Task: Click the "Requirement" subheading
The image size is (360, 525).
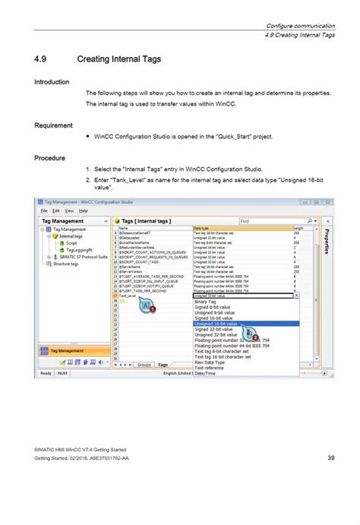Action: click(53, 125)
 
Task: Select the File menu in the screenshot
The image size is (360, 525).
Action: click(44, 210)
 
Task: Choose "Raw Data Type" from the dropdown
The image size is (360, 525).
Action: click(213, 362)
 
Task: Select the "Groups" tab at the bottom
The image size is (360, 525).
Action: click(144, 365)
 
